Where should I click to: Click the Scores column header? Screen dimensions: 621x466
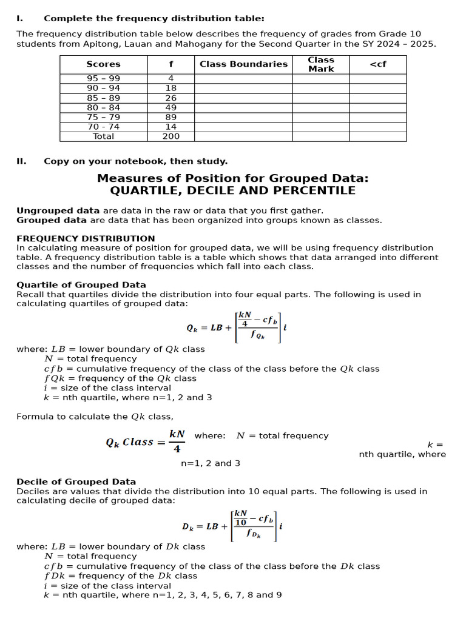103,64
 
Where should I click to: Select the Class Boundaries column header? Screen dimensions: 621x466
243,64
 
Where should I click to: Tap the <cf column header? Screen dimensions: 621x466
377,64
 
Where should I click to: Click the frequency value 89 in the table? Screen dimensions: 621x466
171,117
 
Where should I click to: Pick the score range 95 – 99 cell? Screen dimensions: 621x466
103,78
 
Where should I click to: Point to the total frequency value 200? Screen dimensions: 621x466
171,136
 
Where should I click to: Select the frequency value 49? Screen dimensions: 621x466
171,107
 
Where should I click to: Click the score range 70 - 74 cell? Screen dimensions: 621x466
103,127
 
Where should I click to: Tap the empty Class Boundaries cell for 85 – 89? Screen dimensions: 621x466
243,98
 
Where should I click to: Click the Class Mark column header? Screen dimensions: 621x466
320,64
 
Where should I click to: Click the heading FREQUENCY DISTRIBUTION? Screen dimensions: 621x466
86,238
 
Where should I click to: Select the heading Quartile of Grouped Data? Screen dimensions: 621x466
81,284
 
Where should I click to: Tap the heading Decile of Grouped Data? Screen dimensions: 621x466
76,482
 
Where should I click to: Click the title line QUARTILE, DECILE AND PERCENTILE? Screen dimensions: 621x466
232,190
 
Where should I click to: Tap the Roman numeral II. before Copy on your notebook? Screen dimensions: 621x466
21,161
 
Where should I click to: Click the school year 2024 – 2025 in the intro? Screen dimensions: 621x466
408,44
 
